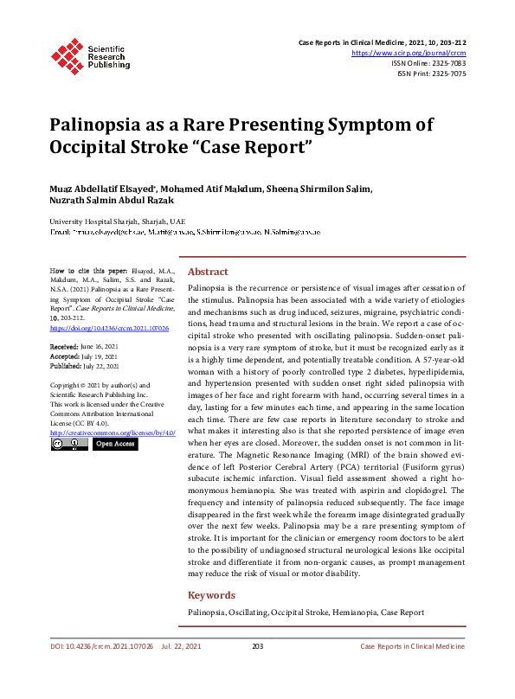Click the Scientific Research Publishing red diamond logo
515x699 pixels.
coord(67,55)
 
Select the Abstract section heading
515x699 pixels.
coord(208,271)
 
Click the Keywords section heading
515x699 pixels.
coord(211,595)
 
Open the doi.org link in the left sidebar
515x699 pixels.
coord(109,329)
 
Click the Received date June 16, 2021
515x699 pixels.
coord(100,346)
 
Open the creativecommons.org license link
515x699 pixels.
coord(113,432)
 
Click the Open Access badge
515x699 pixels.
coord(114,445)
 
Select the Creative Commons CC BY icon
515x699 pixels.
coord(69,445)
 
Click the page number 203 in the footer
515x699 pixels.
coord(257,646)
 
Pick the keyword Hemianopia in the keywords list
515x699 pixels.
coord(355,612)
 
